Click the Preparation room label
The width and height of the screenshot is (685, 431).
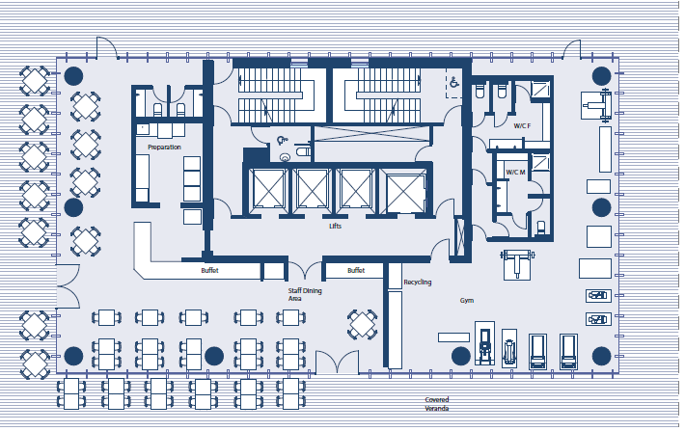coord(164,148)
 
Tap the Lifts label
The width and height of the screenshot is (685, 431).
coord(335,226)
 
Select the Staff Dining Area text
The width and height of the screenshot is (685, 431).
coord(305,294)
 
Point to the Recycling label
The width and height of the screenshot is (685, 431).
coord(417,283)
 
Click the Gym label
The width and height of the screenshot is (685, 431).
coord(467,301)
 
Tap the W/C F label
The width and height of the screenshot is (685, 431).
coord(522,126)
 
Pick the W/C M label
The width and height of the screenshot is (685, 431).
coord(515,172)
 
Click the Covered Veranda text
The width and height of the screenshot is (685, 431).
coord(437,404)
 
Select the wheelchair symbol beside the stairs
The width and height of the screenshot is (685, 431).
coord(454,82)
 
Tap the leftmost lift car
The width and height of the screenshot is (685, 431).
coord(268,189)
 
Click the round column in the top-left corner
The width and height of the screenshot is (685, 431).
coord(73,76)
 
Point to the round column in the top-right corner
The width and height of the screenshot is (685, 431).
coord(602,76)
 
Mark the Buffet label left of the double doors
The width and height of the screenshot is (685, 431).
coord(209,270)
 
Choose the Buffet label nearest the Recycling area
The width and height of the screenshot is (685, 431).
coord(356,270)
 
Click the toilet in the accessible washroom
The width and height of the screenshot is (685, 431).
coord(303,151)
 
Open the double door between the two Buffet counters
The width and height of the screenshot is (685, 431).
coord(305,270)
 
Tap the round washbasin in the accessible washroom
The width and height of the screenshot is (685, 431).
coord(285,157)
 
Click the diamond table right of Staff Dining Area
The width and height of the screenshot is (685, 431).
coord(362,324)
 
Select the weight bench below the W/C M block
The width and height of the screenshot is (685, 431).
coord(517,264)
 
